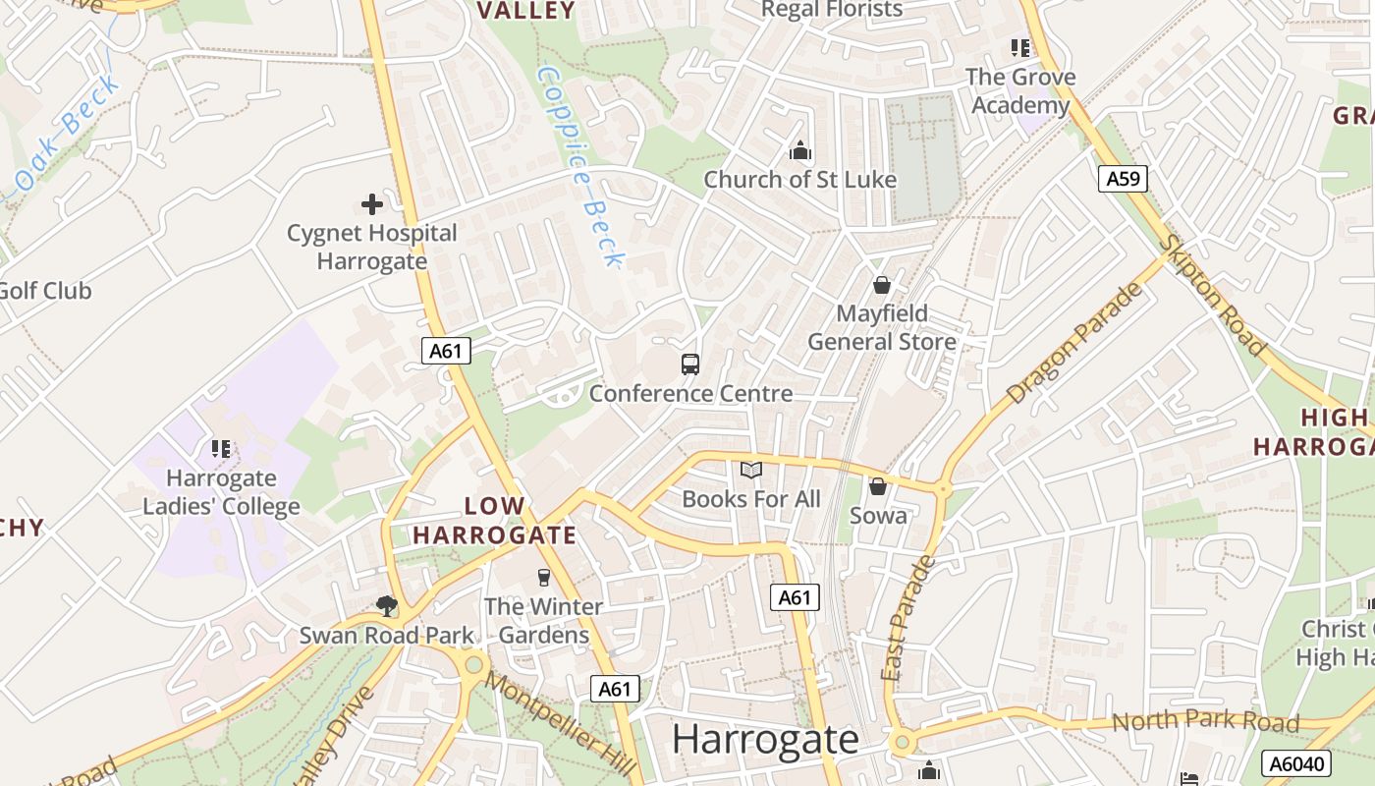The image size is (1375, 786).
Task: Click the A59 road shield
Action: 1123,179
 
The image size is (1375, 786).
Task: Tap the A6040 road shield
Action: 1295,763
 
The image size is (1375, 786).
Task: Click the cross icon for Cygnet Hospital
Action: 372,204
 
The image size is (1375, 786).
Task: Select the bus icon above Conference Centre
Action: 690,365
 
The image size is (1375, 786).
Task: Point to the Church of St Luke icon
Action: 800,151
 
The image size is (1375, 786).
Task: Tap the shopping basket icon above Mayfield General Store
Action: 882,285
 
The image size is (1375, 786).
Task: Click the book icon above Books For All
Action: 751,471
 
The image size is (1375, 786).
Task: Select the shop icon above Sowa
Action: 878,486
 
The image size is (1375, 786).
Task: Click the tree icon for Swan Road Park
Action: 387,606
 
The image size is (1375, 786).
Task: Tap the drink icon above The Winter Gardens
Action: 543,577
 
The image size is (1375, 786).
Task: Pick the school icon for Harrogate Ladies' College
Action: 221,449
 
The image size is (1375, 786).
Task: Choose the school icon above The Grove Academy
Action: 1019,47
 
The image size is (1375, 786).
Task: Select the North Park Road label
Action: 1205,722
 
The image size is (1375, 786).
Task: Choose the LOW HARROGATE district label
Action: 494,521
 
